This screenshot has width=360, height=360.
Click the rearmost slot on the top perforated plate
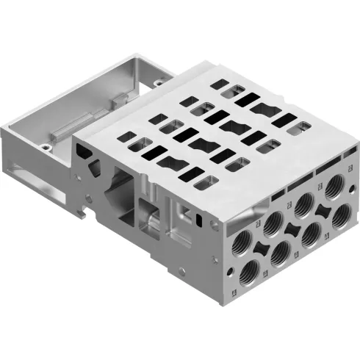(x=237, y=90)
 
